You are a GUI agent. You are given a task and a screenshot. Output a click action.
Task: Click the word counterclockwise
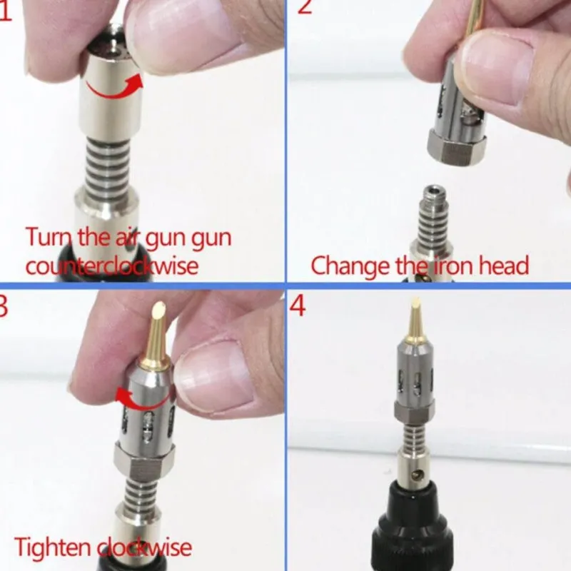(x=112, y=266)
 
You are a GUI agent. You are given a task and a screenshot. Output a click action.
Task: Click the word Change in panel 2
(x=350, y=266)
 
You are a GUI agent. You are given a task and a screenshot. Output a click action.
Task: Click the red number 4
(x=298, y=306)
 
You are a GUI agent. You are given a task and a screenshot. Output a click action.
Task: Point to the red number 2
(x=305, y=6)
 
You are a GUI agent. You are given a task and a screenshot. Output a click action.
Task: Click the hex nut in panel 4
(x=414, y=412)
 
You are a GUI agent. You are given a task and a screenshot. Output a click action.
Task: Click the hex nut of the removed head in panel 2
(x=457, y=148)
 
